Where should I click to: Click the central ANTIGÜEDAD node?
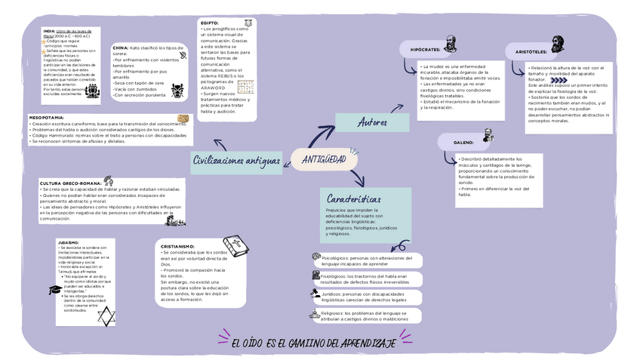pos(323,159)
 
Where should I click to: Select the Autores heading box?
pos(373,122)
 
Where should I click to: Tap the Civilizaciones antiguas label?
pos(237,161)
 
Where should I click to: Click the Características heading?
pos(354,198)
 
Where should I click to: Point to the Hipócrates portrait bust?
pos(450,43)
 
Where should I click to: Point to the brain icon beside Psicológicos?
pos(315,258)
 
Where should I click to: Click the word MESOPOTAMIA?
pos(47,118)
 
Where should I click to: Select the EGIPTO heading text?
pos(209,23)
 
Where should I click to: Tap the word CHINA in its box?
pos(120,48)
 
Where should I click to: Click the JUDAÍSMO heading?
pos(69,243)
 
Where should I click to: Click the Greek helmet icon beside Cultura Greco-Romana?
pos(109,180)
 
